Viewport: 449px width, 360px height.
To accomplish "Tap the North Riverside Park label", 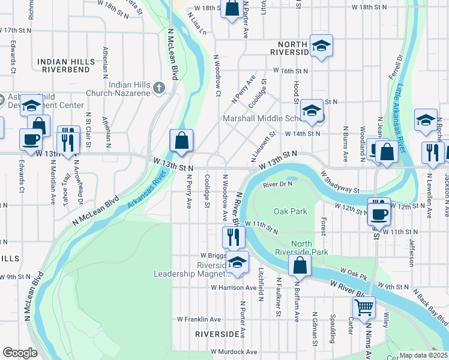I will tap(301, 248).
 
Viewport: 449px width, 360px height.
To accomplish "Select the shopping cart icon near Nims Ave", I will tap(364, 308).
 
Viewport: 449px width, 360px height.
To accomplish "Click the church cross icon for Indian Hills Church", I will tap(159, 88).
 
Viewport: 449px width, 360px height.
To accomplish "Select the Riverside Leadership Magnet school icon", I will tap(238, 262).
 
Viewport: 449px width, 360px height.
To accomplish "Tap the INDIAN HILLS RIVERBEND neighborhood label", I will tap(65, 65).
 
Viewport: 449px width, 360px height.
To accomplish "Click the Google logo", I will tap(20, 353).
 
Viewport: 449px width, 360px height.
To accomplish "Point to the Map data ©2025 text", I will tap(423, 355).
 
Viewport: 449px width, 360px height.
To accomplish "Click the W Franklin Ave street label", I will tap(199, 319).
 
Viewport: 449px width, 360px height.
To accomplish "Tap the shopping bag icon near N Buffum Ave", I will tap(300, 265).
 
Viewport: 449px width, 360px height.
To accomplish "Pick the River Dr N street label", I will tap(277, 184).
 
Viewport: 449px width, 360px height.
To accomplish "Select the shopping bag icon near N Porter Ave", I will tap(232, 9).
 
